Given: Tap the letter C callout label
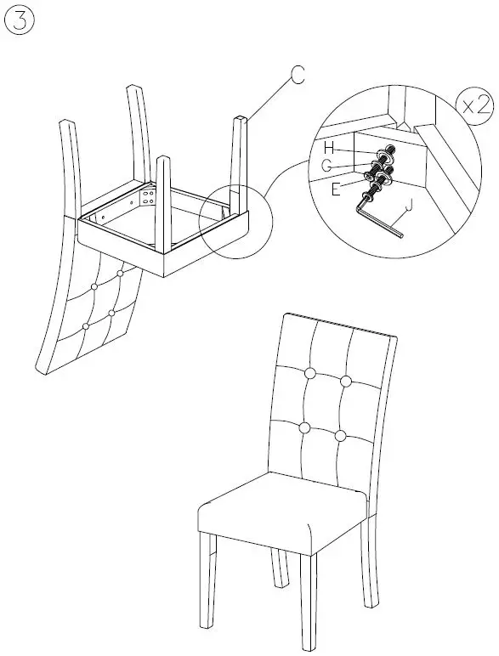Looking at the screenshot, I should pyautogui.click(x=296, y=76).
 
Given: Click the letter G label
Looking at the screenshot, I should pyautogui.click(x=327, y=167).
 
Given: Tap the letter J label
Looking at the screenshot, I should pyautogui.click(x=410, y=205).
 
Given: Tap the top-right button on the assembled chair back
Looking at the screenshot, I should pyautogui.click(x=346, y=381).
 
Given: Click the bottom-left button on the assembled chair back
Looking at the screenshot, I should pyautogui.click(x=303, y=427).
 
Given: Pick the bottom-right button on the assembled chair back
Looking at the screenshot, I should pyautogui.click(x=340, y=435).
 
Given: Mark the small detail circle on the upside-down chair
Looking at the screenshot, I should pyautogui.click(x=231, y=223).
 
